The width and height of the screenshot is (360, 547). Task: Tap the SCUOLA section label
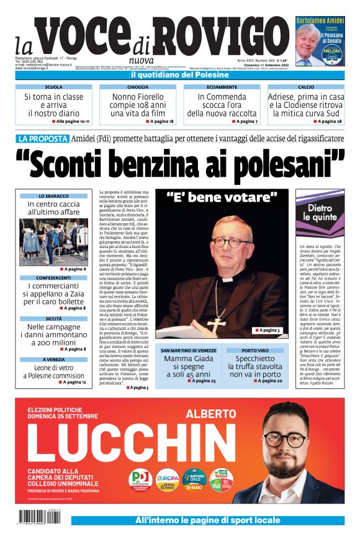pos(53,87)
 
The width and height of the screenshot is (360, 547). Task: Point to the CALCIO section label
pos(305,87)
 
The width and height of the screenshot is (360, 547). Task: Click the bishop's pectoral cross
pos(216,324)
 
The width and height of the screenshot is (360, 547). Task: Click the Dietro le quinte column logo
pos(319,213)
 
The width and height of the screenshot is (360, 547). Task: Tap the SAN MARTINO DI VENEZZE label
pos(189,350)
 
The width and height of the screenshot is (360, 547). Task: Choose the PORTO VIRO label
pos(255,350)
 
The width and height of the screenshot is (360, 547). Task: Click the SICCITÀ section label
pos(53,318)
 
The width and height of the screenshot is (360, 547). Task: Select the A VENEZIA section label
pos(53,359)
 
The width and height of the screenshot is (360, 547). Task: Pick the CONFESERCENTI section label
pos(53,277)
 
